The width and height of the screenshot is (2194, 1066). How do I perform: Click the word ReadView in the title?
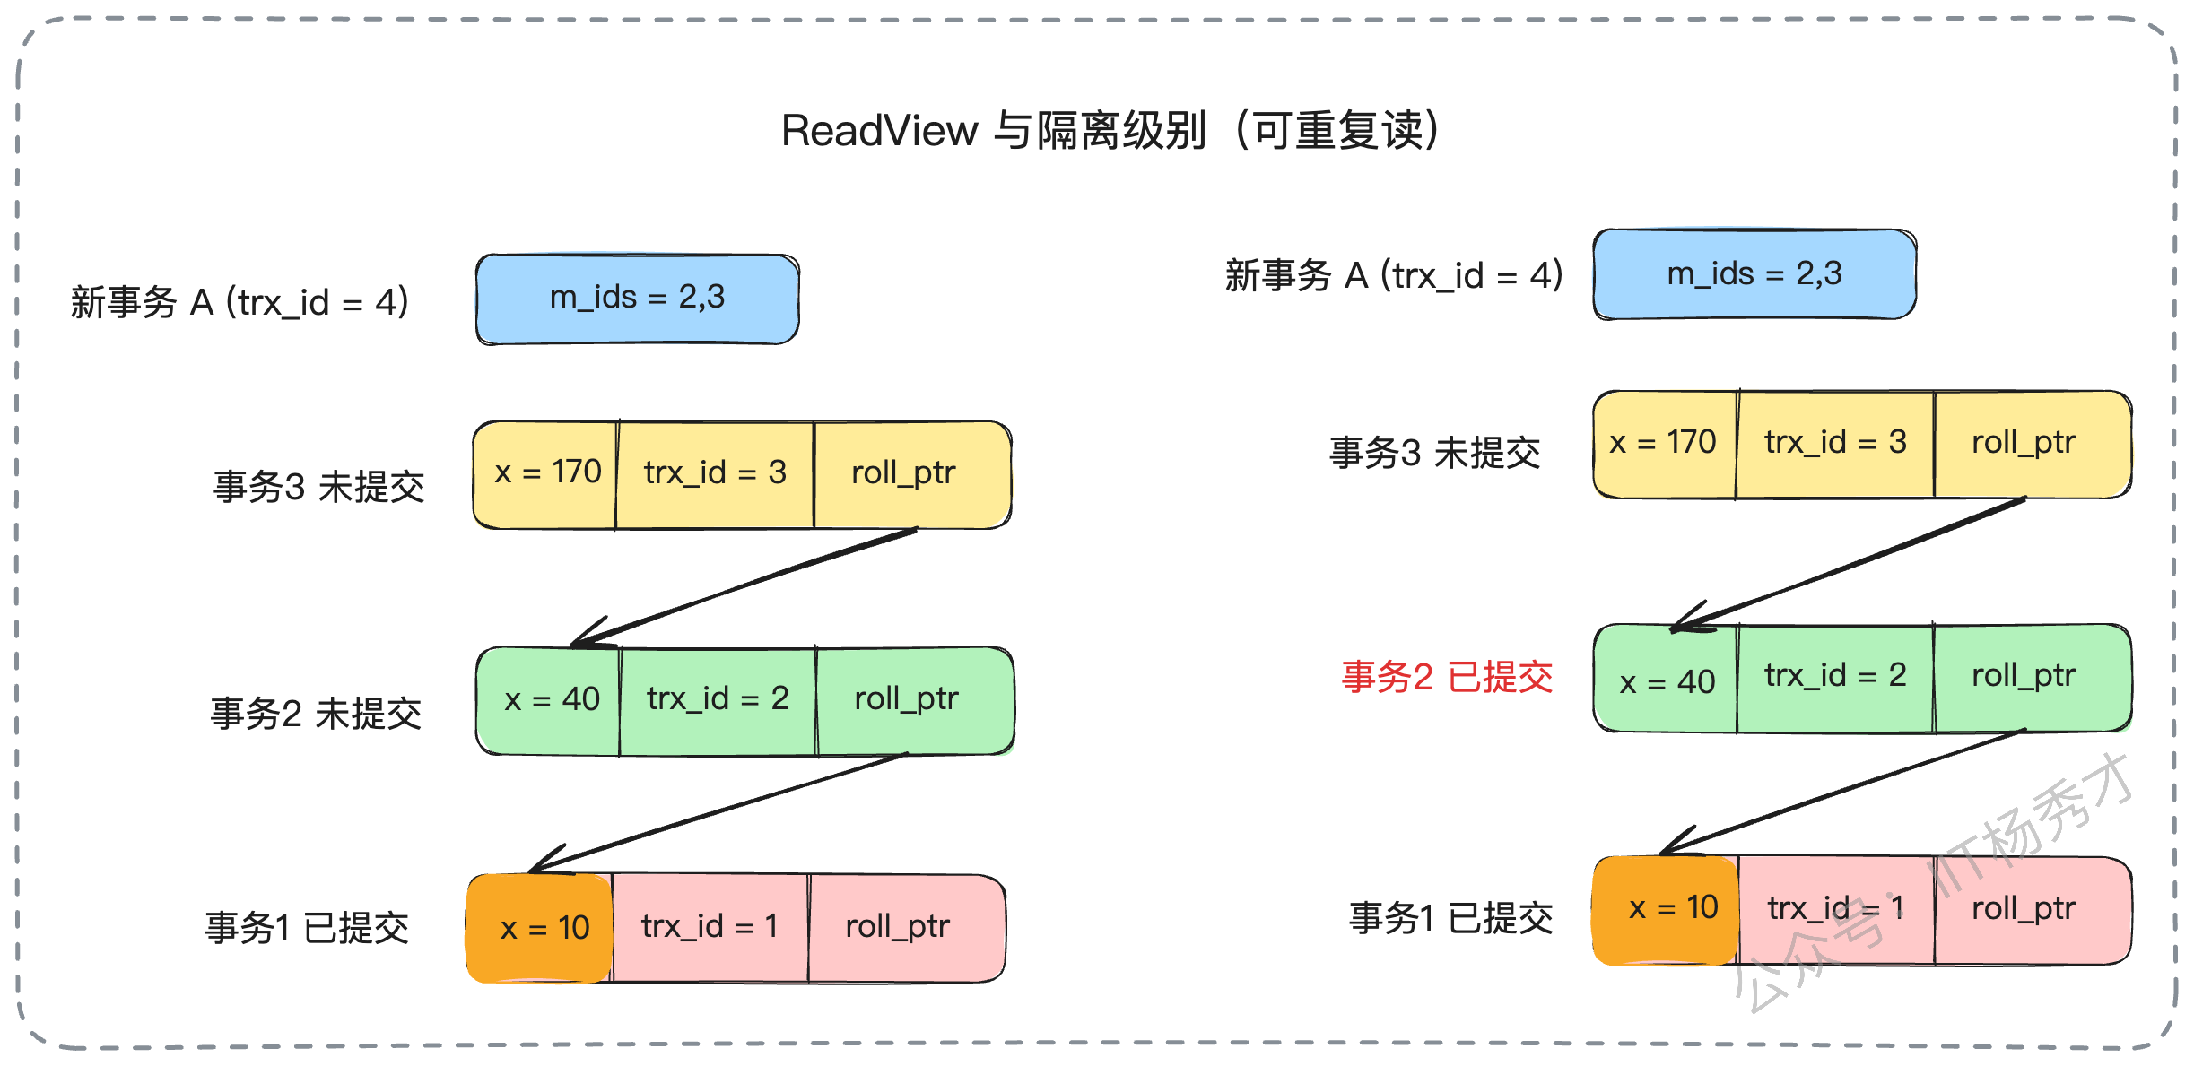point(879,131)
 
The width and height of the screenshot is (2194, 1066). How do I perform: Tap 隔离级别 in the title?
point(1121,131)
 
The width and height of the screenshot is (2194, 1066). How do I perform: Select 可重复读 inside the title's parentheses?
point(1338,131)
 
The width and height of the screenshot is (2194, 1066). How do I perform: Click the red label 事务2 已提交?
point(1447,677)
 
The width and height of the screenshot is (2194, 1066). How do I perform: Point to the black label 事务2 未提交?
point(316,715)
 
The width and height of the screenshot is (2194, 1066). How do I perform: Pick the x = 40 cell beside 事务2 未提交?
point(548,700)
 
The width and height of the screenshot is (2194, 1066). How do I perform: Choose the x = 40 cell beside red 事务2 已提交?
point(1666,679)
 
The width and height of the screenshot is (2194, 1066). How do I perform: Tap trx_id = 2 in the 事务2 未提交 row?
point(718,700)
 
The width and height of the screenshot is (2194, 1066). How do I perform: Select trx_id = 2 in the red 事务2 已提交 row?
point(1835,679)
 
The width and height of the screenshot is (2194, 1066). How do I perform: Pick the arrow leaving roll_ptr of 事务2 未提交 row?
point(718,813)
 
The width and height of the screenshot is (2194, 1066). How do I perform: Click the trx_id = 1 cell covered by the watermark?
point(1836,910)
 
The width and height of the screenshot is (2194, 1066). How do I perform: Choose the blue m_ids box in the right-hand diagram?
point(1754,274)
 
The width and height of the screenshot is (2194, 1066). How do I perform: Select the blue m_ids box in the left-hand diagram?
point(638,299)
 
